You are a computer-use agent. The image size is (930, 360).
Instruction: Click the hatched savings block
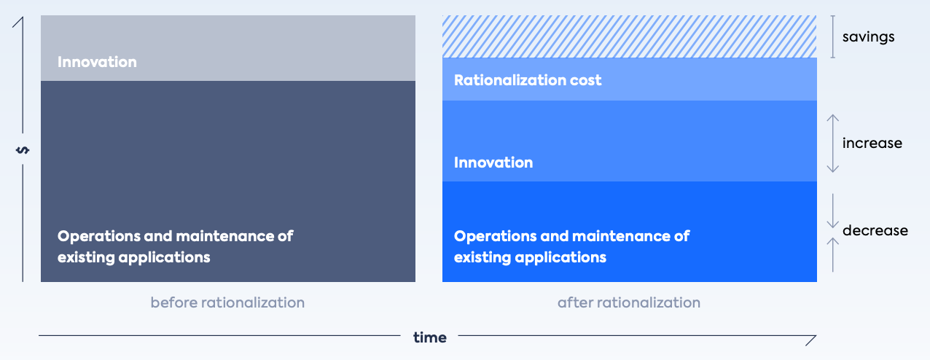629,36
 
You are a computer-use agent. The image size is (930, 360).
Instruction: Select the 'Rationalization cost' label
528,80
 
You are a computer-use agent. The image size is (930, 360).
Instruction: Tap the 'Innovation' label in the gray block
97,62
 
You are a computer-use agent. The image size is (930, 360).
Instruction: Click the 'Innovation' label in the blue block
493,163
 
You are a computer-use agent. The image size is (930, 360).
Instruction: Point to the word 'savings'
868,36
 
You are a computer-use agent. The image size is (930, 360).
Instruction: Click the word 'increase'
872,143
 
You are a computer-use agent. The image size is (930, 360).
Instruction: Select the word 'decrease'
875,231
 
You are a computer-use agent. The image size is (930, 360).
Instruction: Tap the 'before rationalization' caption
227,302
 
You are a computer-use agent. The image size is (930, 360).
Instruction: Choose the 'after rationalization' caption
628,302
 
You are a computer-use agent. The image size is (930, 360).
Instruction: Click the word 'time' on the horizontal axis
429,337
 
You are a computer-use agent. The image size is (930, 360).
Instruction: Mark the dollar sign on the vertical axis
23,150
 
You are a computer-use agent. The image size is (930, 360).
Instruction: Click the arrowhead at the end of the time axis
810,340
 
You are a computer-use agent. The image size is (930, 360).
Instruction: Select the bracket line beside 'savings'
833,36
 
